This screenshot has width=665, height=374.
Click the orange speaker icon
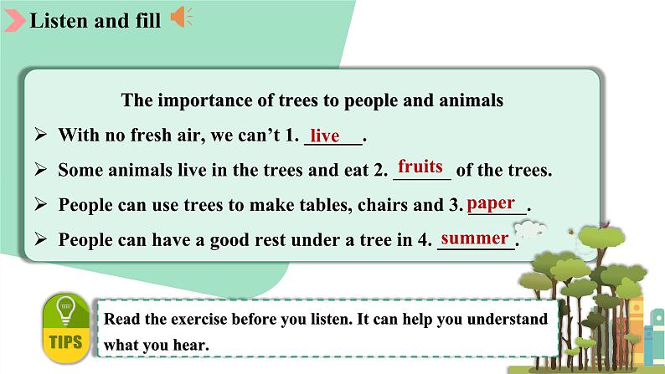coord(182,17)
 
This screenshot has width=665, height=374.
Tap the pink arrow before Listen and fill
coord(15,21)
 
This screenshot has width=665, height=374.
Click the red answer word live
coord(325,136)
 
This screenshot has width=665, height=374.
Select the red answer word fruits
coord(420,166)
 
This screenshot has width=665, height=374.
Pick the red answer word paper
coord(491,203)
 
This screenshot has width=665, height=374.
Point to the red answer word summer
coord(475,238)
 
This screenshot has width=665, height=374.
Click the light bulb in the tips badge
coord(65,310)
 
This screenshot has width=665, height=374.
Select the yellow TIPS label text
coord(65,342)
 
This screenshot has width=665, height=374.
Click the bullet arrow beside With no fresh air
coord(41,135)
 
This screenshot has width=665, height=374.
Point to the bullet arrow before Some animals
coord(41,169)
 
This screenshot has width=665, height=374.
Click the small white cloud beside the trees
coord(529,229)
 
